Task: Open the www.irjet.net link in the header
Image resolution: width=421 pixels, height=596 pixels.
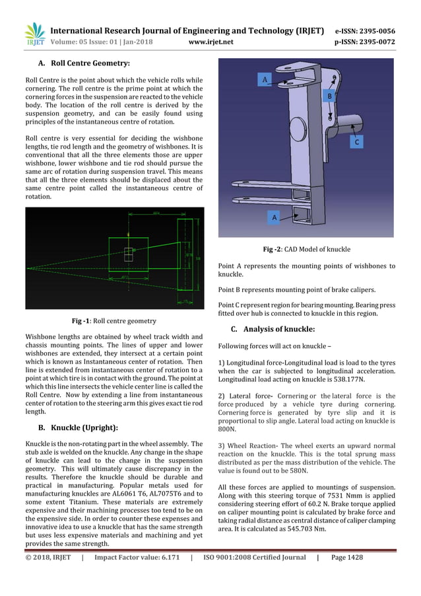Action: click(211, 43)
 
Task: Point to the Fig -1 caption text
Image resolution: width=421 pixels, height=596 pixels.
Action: click(113, 321)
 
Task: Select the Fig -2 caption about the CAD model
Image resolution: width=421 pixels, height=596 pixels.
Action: click(306, 249)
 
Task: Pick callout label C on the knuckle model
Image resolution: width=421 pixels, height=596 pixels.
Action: click(356, 141)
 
